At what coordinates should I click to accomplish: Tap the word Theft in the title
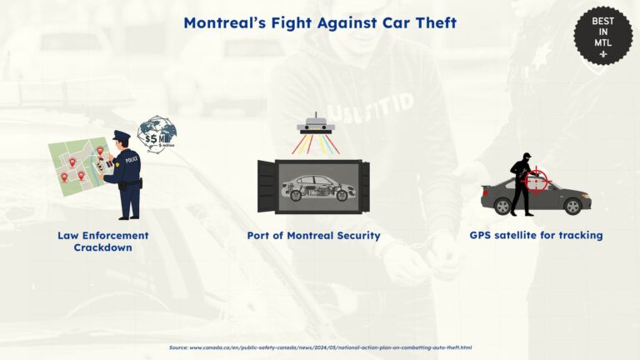(x=431, y=22)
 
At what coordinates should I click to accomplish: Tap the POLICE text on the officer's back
(x=132, y=156)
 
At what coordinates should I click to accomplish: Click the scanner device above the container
(x=319, y=126)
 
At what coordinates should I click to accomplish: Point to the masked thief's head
(x=525, y=159)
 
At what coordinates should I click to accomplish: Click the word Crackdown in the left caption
(x=102, y=247)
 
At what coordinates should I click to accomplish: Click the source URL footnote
(x=320, y=347)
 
